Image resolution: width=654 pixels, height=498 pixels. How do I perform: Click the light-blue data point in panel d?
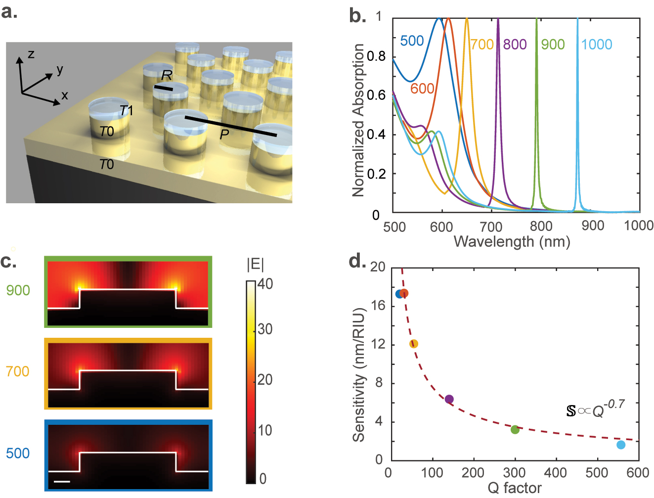pos(621,445)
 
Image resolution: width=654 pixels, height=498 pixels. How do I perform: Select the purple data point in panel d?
pos(449,399)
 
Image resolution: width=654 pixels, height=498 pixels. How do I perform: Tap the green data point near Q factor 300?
pos(515,429)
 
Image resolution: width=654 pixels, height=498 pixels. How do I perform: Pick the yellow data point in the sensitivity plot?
pos(414,344)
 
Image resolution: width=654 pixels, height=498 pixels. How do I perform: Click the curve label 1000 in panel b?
pos(597,45)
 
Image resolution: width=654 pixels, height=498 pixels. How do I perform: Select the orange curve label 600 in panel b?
pos(422,89)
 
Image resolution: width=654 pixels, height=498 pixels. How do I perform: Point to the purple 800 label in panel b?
pos(515,45)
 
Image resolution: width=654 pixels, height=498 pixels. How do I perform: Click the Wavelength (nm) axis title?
pos(512,242)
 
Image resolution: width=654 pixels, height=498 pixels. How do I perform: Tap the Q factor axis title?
pos(514,488)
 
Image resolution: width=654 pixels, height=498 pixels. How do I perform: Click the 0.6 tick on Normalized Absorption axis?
pos(376,95)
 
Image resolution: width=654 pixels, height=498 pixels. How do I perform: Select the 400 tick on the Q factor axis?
pos(556,473)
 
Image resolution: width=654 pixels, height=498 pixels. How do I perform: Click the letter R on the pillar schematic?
pos(167,75)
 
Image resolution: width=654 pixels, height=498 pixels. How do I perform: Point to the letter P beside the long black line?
pos(224,134)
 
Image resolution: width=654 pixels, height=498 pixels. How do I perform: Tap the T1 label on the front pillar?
pos(126,111)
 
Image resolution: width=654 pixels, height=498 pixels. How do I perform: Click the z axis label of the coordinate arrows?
pos(31,54)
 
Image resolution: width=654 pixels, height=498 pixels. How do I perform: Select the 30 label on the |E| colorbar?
pos(265,329)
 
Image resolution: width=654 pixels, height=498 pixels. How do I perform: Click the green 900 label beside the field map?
pos(18,290)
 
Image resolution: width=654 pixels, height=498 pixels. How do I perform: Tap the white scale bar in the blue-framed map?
pos(62,481)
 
